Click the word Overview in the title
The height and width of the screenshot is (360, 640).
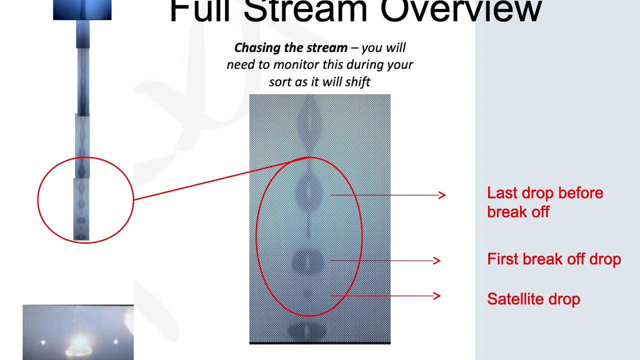[460, 10]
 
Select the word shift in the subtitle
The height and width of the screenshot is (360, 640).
[357, 82]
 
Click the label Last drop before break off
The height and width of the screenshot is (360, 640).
[545, 202]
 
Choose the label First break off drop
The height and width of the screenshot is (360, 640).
[554, 259]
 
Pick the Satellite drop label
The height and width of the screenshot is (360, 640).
[533, 299]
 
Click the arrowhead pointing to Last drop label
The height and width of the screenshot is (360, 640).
[442, 195]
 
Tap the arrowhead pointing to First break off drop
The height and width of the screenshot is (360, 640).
[437, 260]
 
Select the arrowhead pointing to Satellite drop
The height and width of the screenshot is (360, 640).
[437, 296]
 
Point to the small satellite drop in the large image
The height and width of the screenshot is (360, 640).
[307, 294]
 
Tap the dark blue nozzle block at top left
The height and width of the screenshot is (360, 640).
[82, 10]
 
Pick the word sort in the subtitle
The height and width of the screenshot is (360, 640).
[281, 82]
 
